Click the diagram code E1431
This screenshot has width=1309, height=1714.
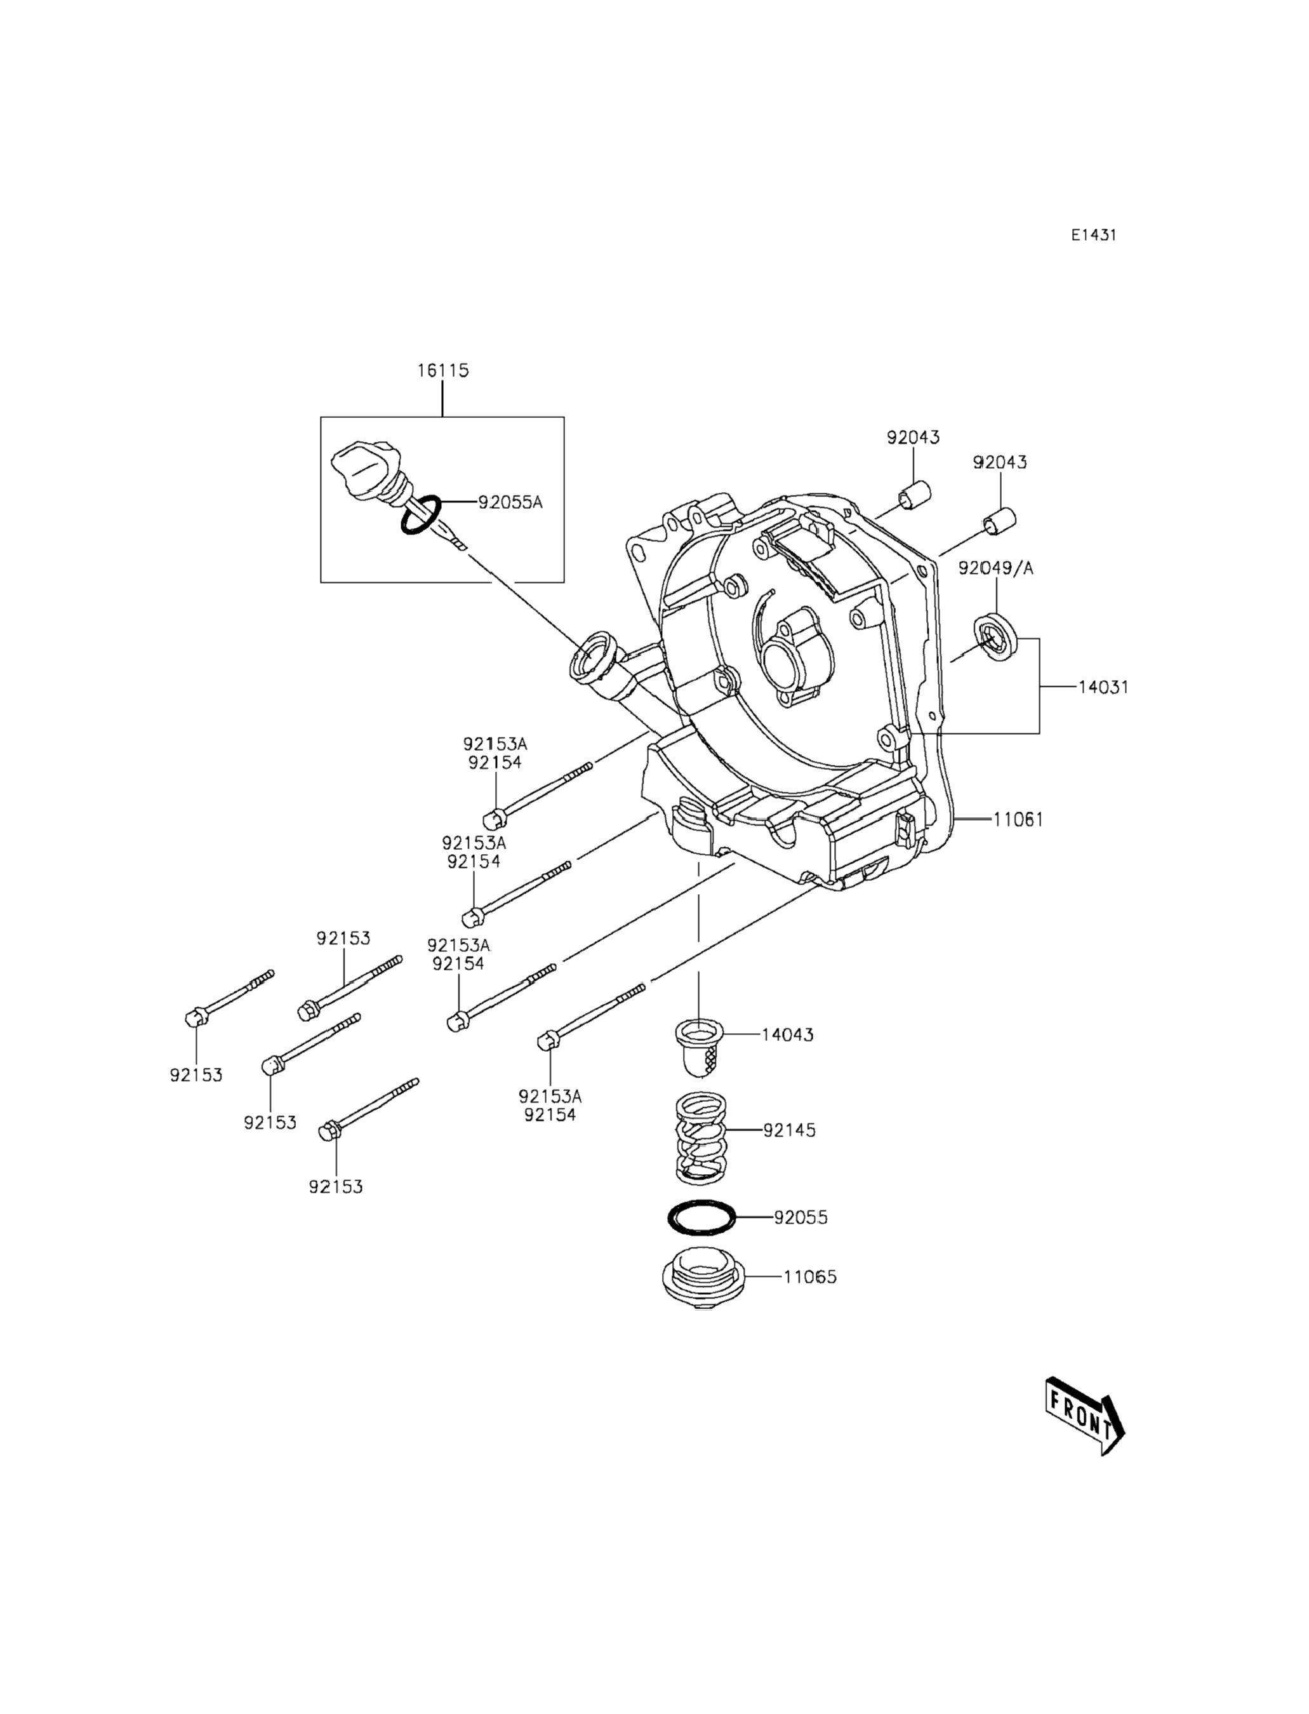coord(1093,234)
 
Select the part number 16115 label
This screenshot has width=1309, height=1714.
coord(442,370)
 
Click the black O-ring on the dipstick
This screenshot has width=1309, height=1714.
coord(421,515)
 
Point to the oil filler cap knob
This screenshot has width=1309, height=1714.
coord(363,469)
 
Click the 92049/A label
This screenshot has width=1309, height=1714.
coord(996,568)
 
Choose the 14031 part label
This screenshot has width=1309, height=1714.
coord(1103,688)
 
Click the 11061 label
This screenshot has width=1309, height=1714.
coord(1018,819)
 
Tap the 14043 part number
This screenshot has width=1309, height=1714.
coord(787,1034)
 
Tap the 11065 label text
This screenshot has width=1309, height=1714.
coord(810,1276)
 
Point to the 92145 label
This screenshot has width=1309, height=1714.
coord(789,1130)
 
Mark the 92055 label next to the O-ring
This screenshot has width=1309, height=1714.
coord(801,1217)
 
